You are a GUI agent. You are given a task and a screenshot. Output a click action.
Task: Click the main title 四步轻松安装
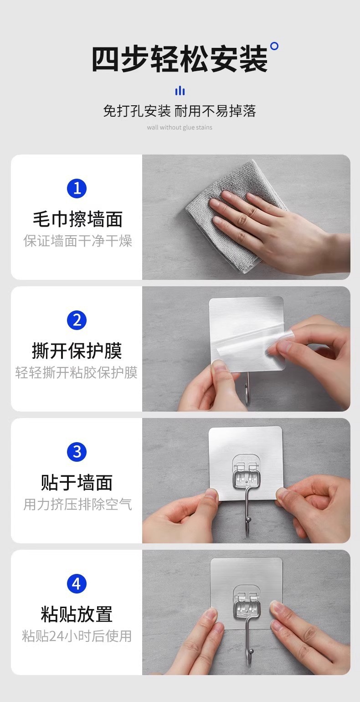pyautogui.click(x=180, y=59)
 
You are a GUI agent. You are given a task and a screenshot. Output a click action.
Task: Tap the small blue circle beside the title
pyautogui.click(x=274, y=46)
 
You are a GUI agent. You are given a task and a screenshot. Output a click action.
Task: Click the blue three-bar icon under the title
pyautogui.click(x=180, y=91)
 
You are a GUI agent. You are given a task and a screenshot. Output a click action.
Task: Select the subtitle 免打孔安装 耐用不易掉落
pyautogui.click(x=180, y=111)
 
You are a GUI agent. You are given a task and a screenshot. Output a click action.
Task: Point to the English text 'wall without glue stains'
pyautogui.click(x=180, y=127)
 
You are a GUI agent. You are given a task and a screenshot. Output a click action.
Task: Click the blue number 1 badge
pyautogui.click(x=77, y=188)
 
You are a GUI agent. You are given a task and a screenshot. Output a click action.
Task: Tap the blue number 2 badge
pyautogui.click(x=77, y=320)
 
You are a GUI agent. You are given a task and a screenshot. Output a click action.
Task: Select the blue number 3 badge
pyautogui.click(x=77, y=452)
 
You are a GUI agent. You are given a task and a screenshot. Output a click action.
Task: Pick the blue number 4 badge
pyautogui.click(x=77, y=583)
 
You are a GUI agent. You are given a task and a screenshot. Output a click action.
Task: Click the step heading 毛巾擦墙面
pyautogui.click(x=77, y=219)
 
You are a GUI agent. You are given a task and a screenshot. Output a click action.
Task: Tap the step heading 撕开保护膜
pyautogui.click(x=77, y=351)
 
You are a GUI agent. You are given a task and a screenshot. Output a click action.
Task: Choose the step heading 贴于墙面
pyautogui.click(x=77, y=482)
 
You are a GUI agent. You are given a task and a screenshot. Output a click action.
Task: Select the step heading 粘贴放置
pyautogui.click(x=77, y=614)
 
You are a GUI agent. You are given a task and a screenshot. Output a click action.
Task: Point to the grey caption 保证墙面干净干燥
pyautogui.click(x=78, y=241)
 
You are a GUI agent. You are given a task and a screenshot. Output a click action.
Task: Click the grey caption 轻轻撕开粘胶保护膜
pyautogui.click(x=77, y=372)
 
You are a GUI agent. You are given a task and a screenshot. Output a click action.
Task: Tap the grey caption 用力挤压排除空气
pyautogui.click(x=78, y=504)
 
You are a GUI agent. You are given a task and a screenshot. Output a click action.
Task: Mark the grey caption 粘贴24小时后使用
pyautogui.click(x=77, y=636)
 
